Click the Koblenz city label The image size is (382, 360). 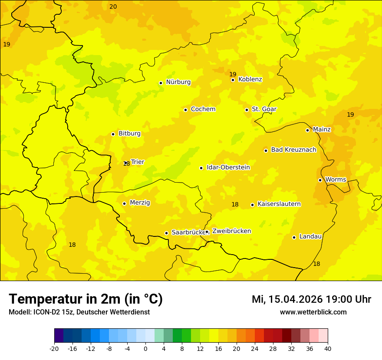(x=250, y=79)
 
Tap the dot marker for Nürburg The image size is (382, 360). (x=161, y=83)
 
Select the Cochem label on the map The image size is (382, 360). (x=203, y=109)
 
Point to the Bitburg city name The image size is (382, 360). (x=129, y=134)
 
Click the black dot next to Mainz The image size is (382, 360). (x=307, y=130)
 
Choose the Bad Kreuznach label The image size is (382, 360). (x=293, y=150)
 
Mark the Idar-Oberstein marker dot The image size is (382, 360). (x=201, y=168)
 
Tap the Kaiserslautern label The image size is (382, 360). (x=279, y=204)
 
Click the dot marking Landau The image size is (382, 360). (x=294, y=237)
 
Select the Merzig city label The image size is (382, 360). (x=140, y=203)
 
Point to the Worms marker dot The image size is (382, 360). (x=320, y=180)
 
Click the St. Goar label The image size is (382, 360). (x=264, y=109)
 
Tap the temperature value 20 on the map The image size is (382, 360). (x=113, y=7)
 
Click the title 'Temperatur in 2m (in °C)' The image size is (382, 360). (x=86, y=299)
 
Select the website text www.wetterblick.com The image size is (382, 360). (x=313, y=312)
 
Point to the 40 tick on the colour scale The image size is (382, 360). (x=328, y=348)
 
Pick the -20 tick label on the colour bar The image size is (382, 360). (x=54, y=348)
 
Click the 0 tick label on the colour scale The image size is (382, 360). (x=145, y=348)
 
